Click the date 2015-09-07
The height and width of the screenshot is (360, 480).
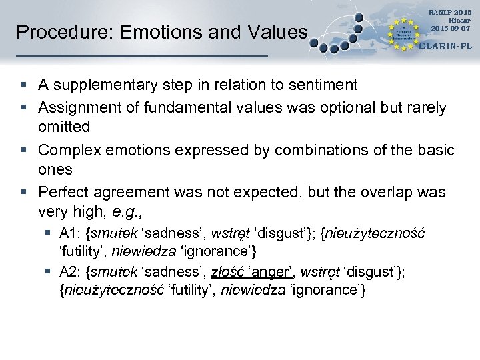(451, 28)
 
